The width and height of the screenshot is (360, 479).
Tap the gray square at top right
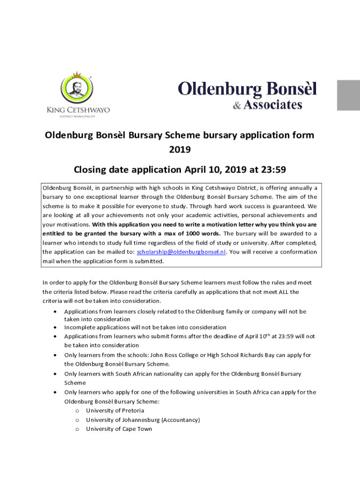pyautogui.click(x=348, y=95)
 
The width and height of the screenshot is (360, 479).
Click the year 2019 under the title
pyautogui.click(x=180, y=150)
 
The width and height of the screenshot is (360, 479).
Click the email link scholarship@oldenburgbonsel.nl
pyautogui.click(x=181, y=252)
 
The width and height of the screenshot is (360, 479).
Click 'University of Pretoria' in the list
pyautogui.click(x=115, y=410)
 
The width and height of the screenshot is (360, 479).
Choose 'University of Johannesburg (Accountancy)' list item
pyautogui.click(x=143, y=420)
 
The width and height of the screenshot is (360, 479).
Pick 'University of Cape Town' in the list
pyautogui.click(x=119, y=428)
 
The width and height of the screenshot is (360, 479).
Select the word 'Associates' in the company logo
pyautogui.click(x=273, y=105)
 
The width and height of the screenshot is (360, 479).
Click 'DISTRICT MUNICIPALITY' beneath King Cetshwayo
pyautogui.click(x=78, y=116)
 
